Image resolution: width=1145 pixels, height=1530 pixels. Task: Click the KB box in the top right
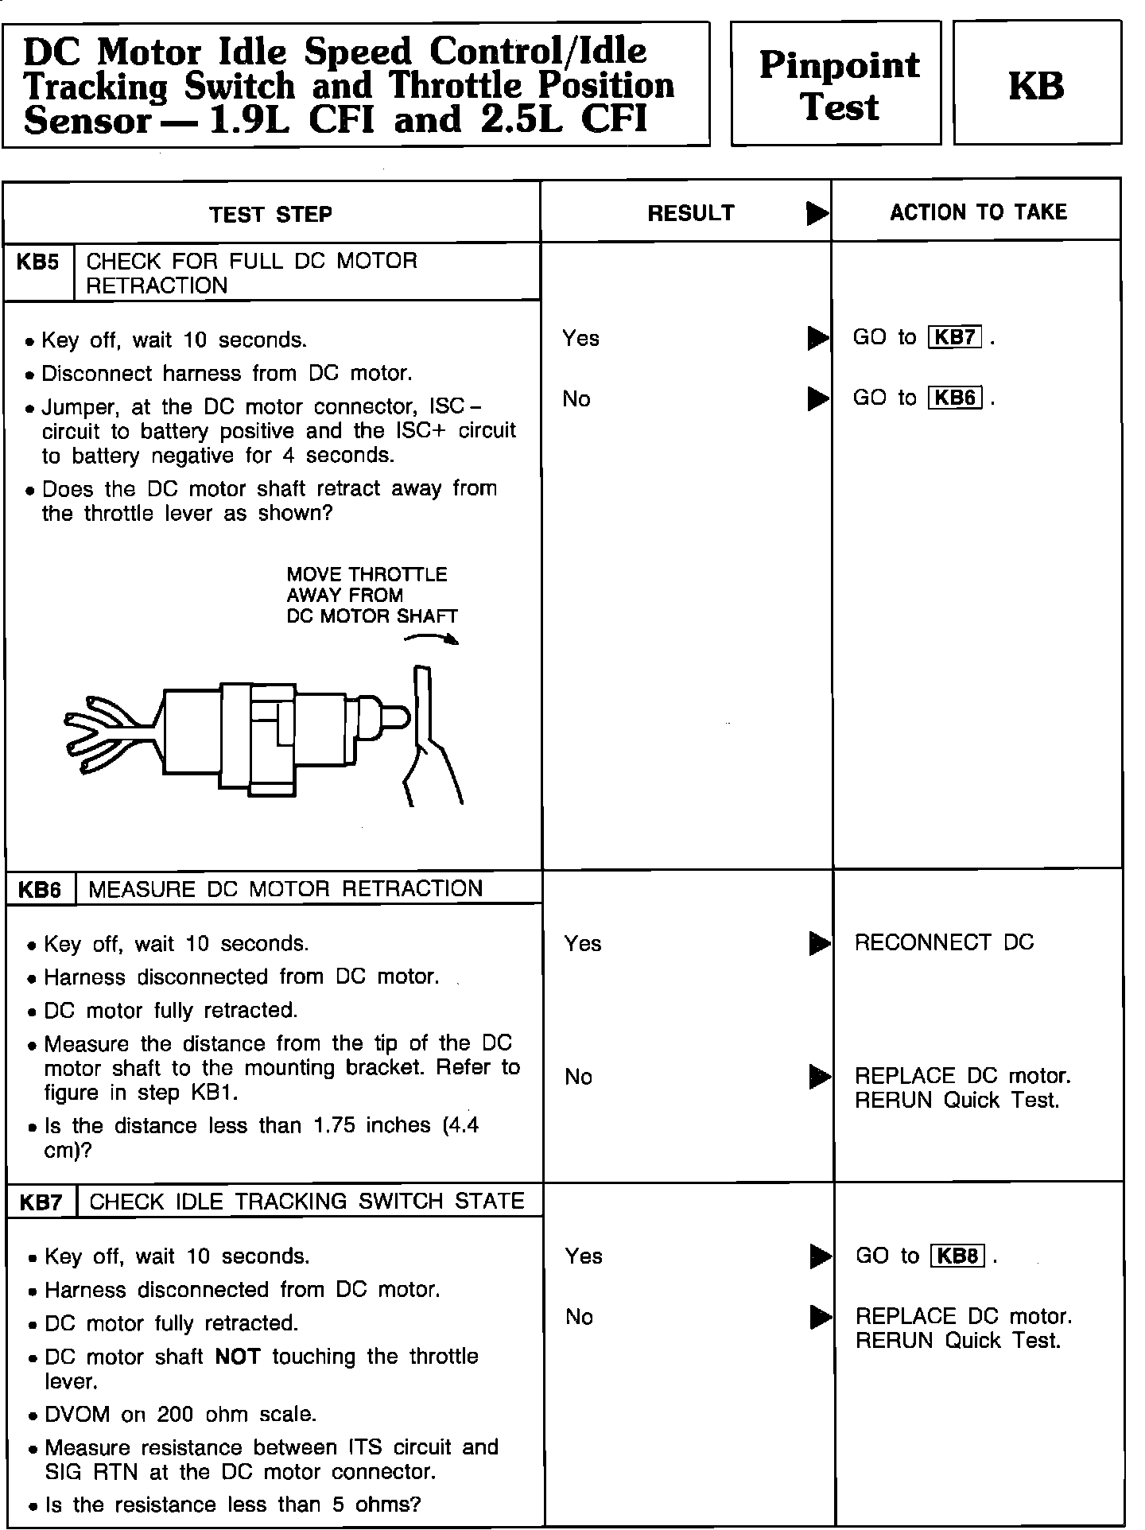click(1037, 83)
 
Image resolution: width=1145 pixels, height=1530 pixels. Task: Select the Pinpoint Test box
click(836, 84)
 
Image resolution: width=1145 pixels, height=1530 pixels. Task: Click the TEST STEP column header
click(270, 214)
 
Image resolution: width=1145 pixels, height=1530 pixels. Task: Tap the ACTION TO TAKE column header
click(978, 212)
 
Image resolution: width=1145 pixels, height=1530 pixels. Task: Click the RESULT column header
click(690, 212)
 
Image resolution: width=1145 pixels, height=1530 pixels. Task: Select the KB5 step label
click(37, 262)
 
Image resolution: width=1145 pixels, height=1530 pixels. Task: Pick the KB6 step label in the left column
click(40, 890)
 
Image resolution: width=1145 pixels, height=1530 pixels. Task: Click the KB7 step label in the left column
click(41, 1202)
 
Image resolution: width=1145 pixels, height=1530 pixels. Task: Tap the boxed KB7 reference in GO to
click(955, 337)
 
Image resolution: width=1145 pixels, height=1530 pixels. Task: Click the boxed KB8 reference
click(957, 1256)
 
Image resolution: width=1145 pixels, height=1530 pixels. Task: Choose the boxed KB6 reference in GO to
click(955, 398)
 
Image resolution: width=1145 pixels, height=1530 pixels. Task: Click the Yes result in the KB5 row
click(580, 339)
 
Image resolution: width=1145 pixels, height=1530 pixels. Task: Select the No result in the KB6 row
click(578, 1078)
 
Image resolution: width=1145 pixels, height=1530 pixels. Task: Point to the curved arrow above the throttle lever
click(432, 638)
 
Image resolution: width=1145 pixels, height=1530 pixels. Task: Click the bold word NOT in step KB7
click(238, 1357)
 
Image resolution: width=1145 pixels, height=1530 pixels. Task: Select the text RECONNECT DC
click(944, 942)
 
